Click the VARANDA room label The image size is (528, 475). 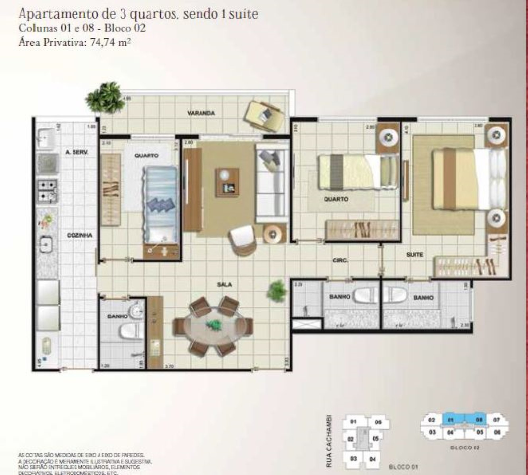coord(201,113)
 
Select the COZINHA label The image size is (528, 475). coord(80,235)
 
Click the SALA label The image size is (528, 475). coord(224,284)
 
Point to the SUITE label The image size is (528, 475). coord(414,255)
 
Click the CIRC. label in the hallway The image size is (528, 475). coord(340,260)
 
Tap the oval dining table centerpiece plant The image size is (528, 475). coord(213,324)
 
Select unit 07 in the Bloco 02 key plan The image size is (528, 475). coord(496,420)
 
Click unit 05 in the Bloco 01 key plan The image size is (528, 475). coord(375,439)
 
